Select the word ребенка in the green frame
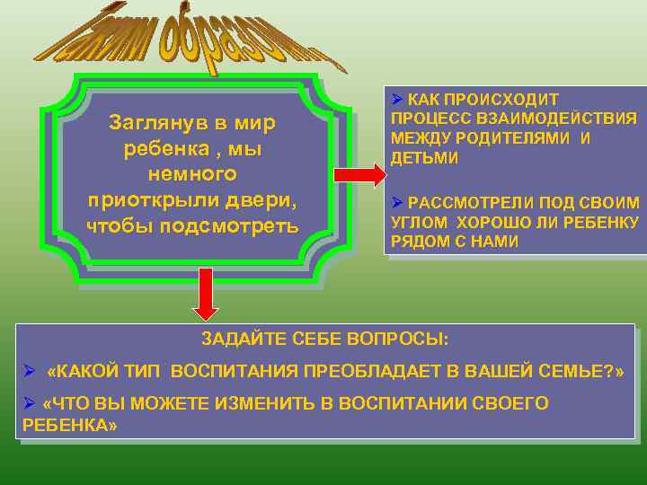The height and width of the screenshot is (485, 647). click(161, 146)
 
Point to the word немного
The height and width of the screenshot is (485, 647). click(193, 172)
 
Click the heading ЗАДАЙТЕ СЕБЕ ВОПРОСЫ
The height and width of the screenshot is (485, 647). click(324, 339)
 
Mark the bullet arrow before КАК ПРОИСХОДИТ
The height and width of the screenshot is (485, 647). click(395, 99)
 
